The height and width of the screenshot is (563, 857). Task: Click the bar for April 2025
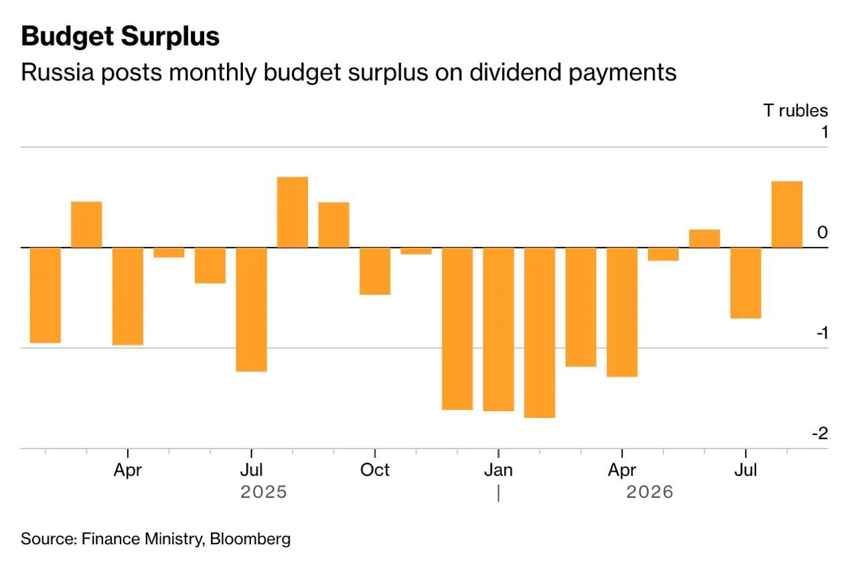128,297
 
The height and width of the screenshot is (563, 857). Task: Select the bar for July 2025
251,309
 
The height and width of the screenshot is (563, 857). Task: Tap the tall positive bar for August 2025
293,212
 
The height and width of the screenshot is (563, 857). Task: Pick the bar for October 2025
375,271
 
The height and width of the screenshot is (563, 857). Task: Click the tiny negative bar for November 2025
416,251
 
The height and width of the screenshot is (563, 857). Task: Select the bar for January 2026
499,329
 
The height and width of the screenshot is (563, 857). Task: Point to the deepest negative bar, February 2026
540,333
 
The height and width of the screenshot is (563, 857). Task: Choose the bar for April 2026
622,312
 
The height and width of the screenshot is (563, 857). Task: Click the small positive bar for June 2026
705,239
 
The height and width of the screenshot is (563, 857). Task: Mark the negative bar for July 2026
746,283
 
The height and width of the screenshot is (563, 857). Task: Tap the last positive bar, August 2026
787,215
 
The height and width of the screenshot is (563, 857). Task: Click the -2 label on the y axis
820,433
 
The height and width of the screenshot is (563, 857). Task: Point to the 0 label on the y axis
823,232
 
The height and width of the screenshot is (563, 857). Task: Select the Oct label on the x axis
375,470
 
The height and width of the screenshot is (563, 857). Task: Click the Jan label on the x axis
499,470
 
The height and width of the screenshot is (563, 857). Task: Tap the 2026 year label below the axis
649,492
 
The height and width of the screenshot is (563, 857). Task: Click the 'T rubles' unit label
796,110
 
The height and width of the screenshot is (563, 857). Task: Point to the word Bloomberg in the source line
250,540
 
